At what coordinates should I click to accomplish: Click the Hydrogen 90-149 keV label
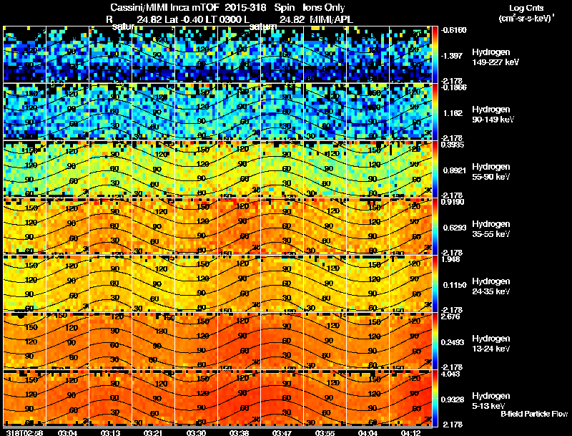[x=492, y=114]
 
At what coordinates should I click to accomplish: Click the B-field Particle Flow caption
[x=533, y=414]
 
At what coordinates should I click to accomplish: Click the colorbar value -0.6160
[x=453, y=30]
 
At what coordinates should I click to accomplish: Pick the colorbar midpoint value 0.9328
[x=453, y=399]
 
